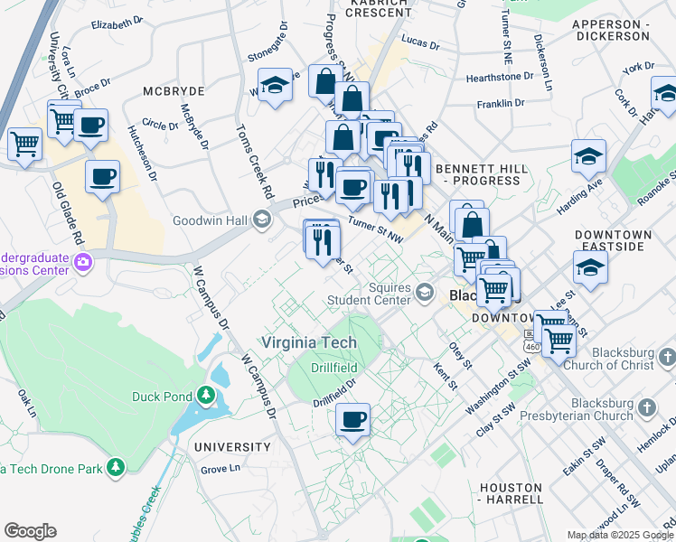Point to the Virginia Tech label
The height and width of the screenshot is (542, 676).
coord(309,343)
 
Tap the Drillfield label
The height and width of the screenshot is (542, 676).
coord(334,368)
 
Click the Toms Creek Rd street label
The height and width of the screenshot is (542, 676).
coord(251,164)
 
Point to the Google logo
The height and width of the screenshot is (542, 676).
coord(30,530)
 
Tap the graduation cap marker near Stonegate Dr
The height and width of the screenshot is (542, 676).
coord(275,87)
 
